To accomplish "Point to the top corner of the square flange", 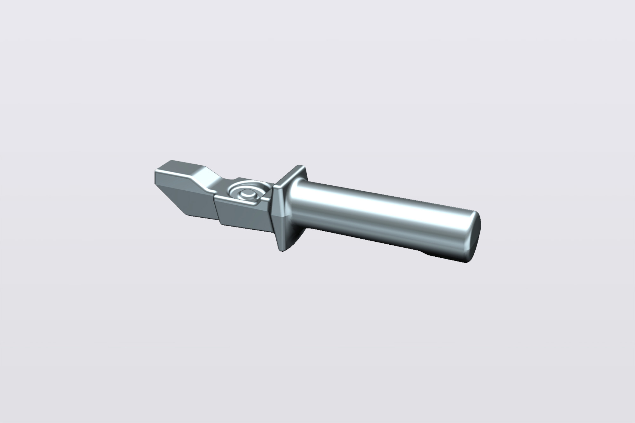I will (299, 166).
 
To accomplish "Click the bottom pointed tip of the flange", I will (280, 250).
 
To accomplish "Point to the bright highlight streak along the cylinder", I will (381, 206).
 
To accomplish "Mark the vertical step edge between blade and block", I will (216, 209).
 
